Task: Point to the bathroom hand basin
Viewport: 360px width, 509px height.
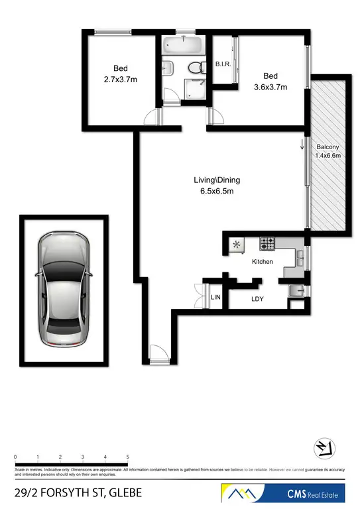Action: [x=168, y=68]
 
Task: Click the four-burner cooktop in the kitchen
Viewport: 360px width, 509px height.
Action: [x=267, y=244]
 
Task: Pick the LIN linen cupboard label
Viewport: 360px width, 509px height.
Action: [x=215, y=299]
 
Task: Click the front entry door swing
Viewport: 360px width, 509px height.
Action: [x=158, y=354]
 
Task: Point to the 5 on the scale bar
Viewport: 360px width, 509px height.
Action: [x=127, y=457]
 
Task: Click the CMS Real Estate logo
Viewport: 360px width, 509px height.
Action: [x=286, y=494]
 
